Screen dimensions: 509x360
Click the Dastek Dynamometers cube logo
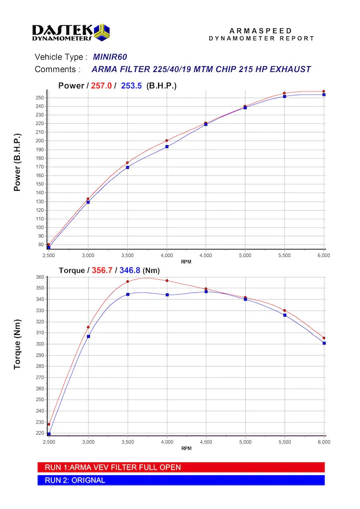[x=101, y=32]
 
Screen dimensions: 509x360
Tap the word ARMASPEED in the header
[x=261, y=31]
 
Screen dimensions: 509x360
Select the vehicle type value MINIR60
[x=110, y=57]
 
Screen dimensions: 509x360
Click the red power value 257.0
[x=101, y=85]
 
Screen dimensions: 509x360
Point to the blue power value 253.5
[x=131, y=85]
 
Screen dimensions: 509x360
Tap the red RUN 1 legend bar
[x=181, y=467]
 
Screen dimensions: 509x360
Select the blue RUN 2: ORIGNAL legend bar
[x=181, y=480]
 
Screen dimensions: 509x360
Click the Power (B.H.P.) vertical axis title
[x=17, y=162]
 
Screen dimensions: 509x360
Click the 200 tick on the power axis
[x=40, y=141]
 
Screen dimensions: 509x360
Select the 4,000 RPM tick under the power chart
[x=167, y=255]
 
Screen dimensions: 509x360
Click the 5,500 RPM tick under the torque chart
[x=284, y=442]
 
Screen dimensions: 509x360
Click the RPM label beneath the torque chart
[x=186, y=448]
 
